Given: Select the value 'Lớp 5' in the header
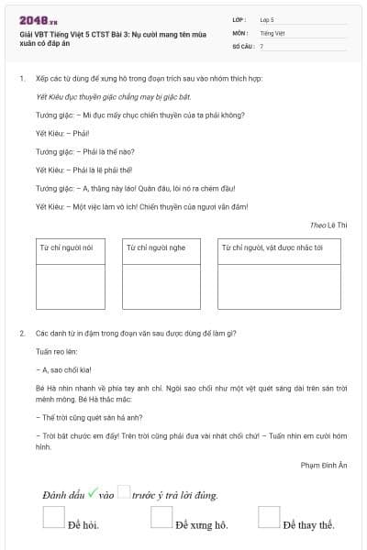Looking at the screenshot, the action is click(x=267, y=18).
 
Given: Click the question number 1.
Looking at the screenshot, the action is click(x=21, y=79).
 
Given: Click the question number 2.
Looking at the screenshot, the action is click(x=21, y=333).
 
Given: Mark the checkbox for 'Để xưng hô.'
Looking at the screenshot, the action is click(x=161, y=517).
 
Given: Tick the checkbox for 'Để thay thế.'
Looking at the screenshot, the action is click(x=268, y=517).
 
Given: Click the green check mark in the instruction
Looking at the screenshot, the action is click(x=92, y=494).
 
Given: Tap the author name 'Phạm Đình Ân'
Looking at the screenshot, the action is click(x=325, y=466).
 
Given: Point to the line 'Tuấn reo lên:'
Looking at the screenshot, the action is click(x=56, y=351).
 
